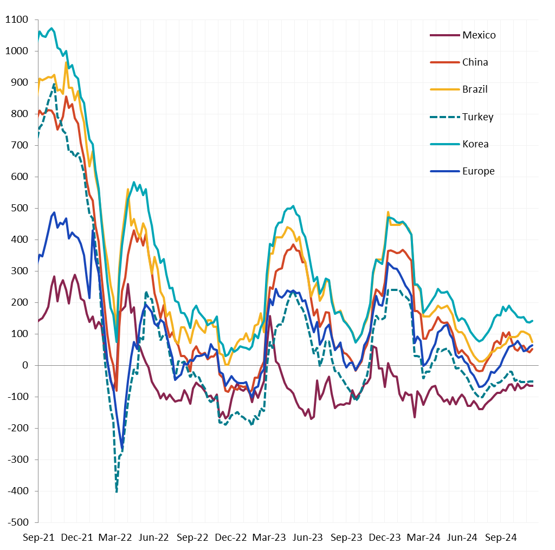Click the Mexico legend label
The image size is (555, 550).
479,35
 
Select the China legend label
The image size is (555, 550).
475,62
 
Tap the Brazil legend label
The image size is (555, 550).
475,89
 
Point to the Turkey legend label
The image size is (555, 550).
477,117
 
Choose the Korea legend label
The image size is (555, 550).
475,144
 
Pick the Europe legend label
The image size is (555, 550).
478,171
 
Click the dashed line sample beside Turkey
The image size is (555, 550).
444,117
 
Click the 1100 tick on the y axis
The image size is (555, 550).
16,20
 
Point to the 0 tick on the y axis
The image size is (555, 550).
24,366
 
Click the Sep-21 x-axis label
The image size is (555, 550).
38,538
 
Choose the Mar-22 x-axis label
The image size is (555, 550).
115,538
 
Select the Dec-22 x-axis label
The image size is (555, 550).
231,538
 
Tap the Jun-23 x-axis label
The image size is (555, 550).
308,538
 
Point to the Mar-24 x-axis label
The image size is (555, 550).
423,538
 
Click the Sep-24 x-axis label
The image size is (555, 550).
500,538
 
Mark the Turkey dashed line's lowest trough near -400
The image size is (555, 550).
117,491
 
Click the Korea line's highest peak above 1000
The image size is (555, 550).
51,28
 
